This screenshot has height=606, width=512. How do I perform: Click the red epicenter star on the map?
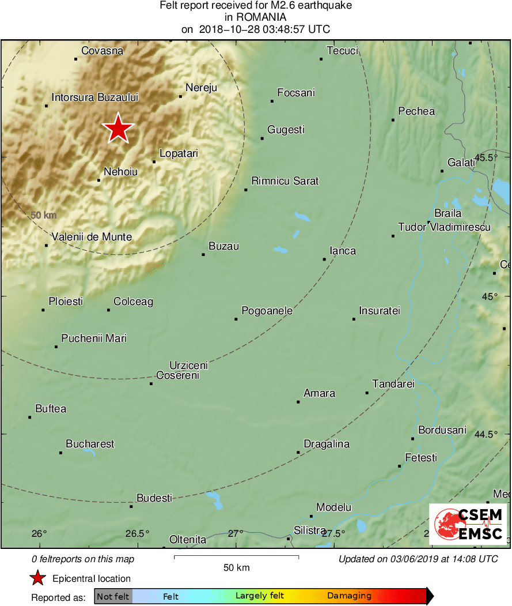tap(118, 128)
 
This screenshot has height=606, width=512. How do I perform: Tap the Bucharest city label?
tap(90, 444)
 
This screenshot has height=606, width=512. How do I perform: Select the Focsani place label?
tap(296, 93)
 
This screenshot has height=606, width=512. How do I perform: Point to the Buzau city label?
tap(223, 246)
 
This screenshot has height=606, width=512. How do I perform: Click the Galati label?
tap(461, 163)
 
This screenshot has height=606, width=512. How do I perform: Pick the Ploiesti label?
tap(66, 302)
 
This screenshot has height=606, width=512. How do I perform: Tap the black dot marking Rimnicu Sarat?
tap(246, 190)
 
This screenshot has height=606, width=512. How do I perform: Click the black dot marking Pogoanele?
tap(236, 319)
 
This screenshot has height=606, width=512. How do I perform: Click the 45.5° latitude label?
tap(486, 157)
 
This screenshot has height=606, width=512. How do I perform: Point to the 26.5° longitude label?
tap(138, 533)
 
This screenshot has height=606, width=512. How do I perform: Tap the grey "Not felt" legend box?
tap(113, 596)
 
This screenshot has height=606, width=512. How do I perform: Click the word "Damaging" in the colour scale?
tap(349, 596)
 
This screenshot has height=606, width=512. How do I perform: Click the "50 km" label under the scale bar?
tap(236, 568)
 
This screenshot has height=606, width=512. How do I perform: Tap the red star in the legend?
tap(38, 578)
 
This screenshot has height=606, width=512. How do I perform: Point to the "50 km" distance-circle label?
tap(43, 216)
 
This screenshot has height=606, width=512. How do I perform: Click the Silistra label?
tap(310, 530)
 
